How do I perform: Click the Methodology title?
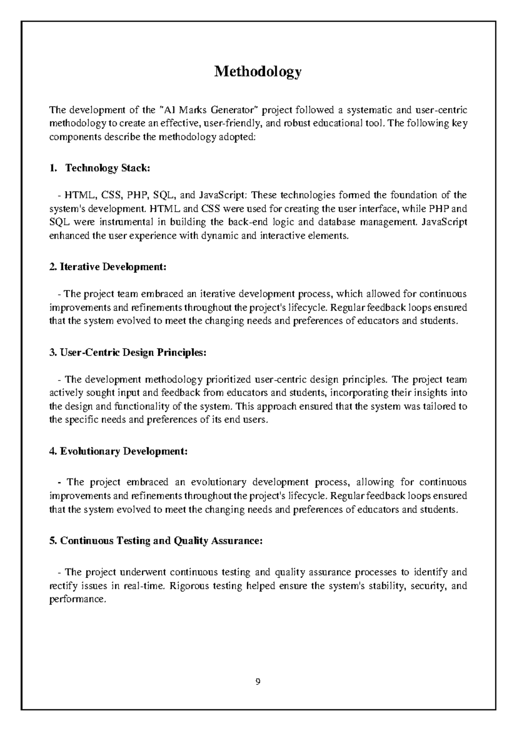coord(258,72)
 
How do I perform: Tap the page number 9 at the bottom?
coord(258,682)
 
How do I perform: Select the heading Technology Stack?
coord(107,168)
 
